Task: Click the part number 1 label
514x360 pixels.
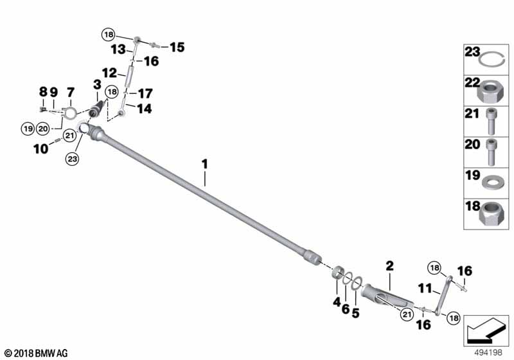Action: pos(205,165)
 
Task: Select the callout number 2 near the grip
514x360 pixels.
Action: pos(389,265)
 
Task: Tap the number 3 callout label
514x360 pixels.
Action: pos(97,84)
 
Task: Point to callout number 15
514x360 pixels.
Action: pos(177,47)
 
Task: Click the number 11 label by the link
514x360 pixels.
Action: pos(425,289)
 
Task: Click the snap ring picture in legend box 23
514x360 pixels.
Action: pos(492,59)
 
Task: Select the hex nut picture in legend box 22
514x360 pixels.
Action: pos(492,91)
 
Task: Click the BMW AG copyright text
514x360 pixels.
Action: pos(36,353)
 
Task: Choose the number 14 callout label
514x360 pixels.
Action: pos(145,109)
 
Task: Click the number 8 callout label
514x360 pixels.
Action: pos(43,92)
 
